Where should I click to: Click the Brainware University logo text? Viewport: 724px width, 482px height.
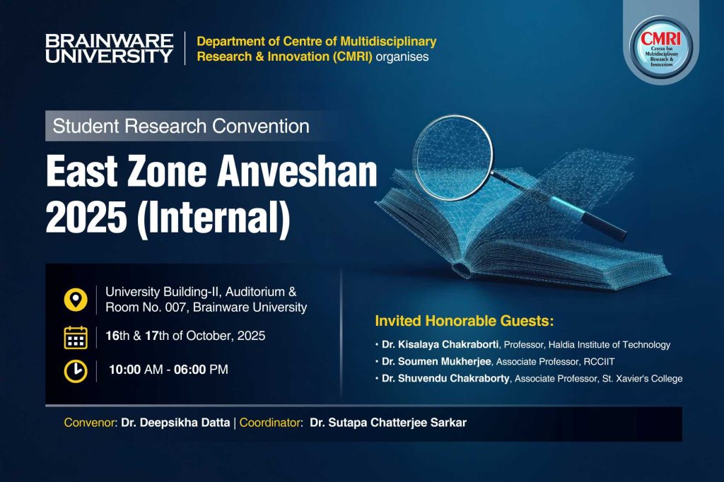pyautogui.click(x=110, y=49)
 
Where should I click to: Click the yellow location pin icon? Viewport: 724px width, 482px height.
pyautogui.click(x=76, y=300)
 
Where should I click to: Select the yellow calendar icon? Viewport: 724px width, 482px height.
pyautogui.click(x=76, y=337)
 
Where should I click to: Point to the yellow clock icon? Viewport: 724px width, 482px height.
pyautogui.click(x=76, y=371)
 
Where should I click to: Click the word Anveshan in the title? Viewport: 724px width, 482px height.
pyautogui.click(x=297, y=172)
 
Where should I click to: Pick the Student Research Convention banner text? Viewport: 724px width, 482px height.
pyautogui.click(x=181, y=126)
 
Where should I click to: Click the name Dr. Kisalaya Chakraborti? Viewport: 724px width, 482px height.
pyautogui.click(x=440, y=344)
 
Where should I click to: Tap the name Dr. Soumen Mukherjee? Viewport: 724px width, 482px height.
pyautogui.click(x=436, y=362)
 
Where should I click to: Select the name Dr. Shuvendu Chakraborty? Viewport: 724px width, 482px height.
pyautogui.click(x=445, y=379)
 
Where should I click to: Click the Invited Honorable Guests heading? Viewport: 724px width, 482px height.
pyautogui.click(x=464, y=321)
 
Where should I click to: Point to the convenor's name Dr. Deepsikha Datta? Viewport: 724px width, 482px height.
pyautogui.click(x=175, y=423)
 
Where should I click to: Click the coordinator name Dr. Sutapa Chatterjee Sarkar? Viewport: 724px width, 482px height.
pyautogui.click(x=388, y=423)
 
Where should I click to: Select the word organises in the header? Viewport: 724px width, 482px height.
pyautogui.click(x=402, y=57)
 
